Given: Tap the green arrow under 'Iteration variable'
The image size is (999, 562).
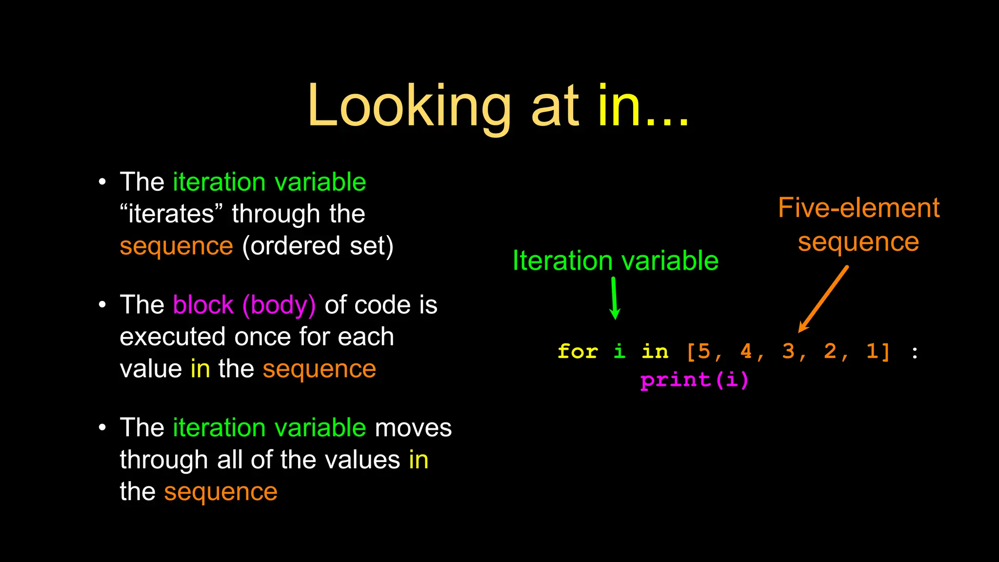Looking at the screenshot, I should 615,298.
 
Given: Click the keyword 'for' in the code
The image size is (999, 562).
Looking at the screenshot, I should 578,351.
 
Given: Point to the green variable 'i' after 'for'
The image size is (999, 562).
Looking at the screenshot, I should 619,351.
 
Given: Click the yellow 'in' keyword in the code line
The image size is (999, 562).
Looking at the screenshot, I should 655,351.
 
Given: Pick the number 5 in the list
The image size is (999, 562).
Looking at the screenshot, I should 704,351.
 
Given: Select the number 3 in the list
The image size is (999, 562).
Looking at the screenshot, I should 788,351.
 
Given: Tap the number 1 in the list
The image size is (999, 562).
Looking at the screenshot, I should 872,351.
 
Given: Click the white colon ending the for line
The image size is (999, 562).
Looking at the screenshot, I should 915,352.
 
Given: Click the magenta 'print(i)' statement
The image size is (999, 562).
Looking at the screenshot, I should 694,380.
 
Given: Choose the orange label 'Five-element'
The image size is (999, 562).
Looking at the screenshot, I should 859,208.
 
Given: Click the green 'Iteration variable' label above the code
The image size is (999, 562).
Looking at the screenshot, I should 615,261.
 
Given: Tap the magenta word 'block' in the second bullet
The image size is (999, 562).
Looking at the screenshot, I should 203,305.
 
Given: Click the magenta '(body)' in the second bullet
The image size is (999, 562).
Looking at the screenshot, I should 279,305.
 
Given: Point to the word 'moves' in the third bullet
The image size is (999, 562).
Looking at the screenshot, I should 413,428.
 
